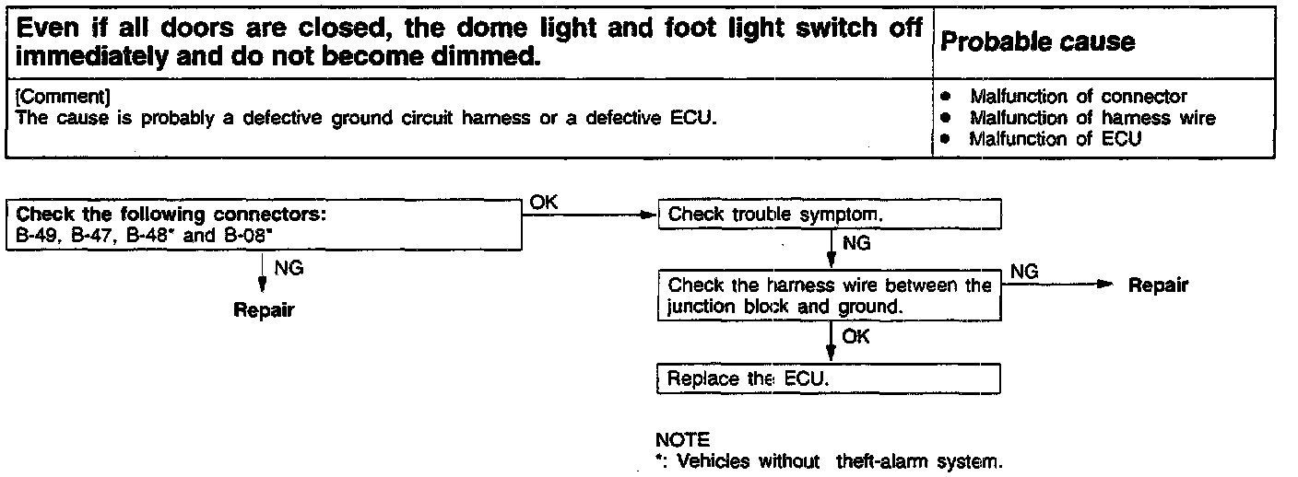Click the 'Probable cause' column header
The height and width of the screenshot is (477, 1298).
1037,41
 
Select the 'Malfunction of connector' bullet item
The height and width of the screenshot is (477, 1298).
1078,97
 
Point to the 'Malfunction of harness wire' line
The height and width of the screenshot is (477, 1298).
1092,118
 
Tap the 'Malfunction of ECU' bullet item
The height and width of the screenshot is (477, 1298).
1055,139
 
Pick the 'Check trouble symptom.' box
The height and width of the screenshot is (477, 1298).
829,215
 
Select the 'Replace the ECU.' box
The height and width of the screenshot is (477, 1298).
829,378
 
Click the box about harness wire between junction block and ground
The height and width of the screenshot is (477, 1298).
829,296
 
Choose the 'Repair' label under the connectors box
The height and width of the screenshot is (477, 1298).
264,309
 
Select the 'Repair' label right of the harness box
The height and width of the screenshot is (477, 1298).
1158,285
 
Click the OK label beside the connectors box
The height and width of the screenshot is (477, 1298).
545,203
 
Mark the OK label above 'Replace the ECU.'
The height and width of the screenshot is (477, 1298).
855,337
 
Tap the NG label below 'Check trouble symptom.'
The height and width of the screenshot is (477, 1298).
856,245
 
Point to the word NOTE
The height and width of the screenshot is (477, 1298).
681,441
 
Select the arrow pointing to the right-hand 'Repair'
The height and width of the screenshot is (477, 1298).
1060,285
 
